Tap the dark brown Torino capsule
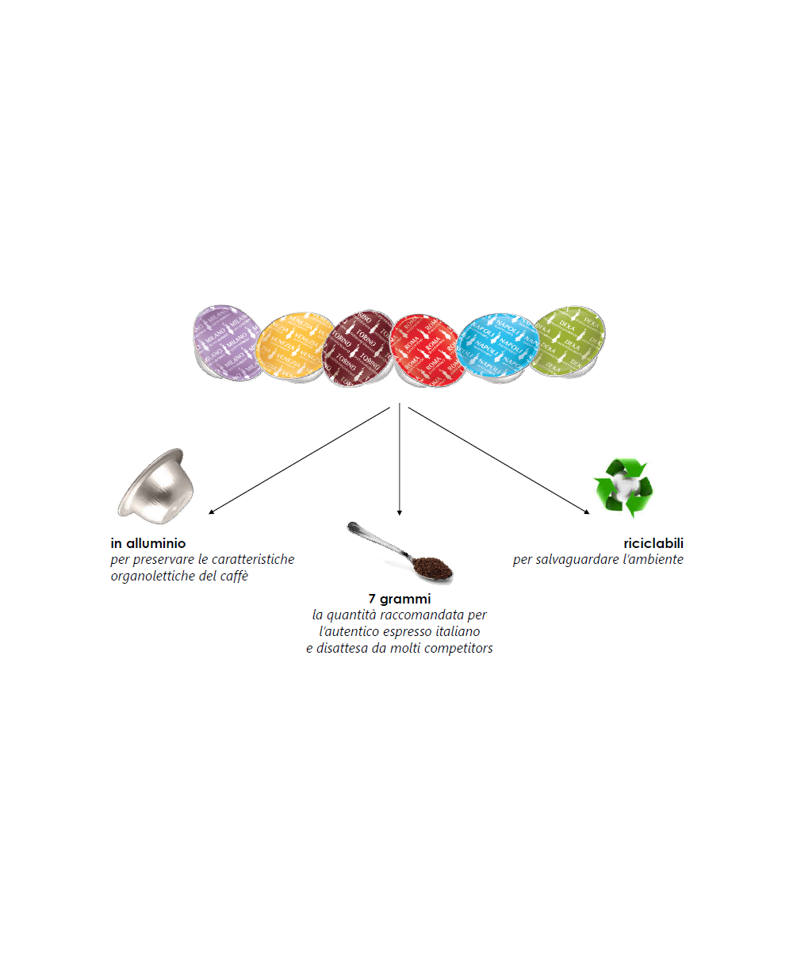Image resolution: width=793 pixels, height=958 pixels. click(x=357, y=347)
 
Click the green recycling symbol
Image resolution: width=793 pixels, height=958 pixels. click(x=623, y=487)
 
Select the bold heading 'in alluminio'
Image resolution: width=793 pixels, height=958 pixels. click(x=148, y=544)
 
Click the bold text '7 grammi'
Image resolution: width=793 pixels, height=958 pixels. click(x=399, y=600)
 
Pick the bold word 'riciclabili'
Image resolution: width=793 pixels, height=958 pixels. click(x=653, y=544)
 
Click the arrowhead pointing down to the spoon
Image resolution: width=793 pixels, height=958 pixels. click(x=399, y=512)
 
